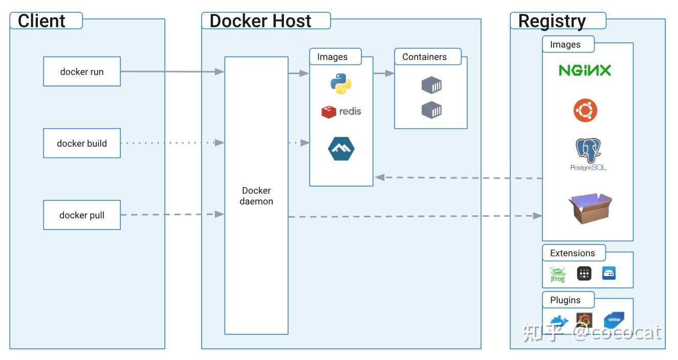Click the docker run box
pos(82,72)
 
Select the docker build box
pos(82,143)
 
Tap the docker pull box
pos(82,215)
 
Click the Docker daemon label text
pos(256,196)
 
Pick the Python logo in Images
pos(341,84)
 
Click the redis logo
pos(341,111)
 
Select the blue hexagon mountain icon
pos(341,149)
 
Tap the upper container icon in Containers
pos(431,85)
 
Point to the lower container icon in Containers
pos(431,110)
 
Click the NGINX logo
pos(585,71)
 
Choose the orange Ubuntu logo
pos(585,110)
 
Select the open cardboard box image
pos(590,208)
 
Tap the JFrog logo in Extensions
pos(557,274)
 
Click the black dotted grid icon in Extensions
pos(584,274)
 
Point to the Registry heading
pos(552,21)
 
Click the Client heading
pos(41,21)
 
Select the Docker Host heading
pos(260,21)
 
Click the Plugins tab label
pos(565,300)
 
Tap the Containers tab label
pos(424,57)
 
